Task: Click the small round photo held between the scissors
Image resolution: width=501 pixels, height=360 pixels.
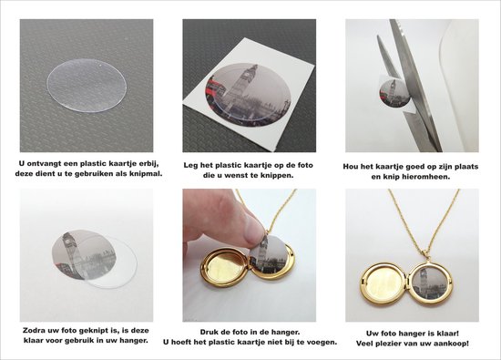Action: [391, 91]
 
